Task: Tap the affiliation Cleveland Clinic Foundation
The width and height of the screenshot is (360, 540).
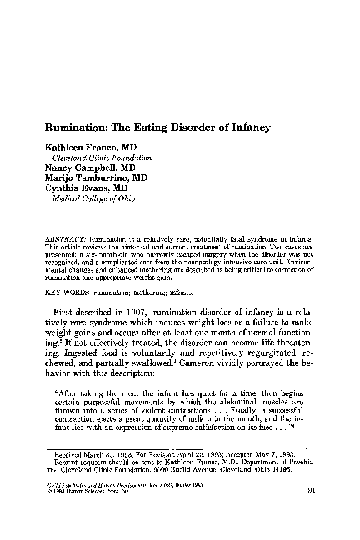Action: pos(102,157)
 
